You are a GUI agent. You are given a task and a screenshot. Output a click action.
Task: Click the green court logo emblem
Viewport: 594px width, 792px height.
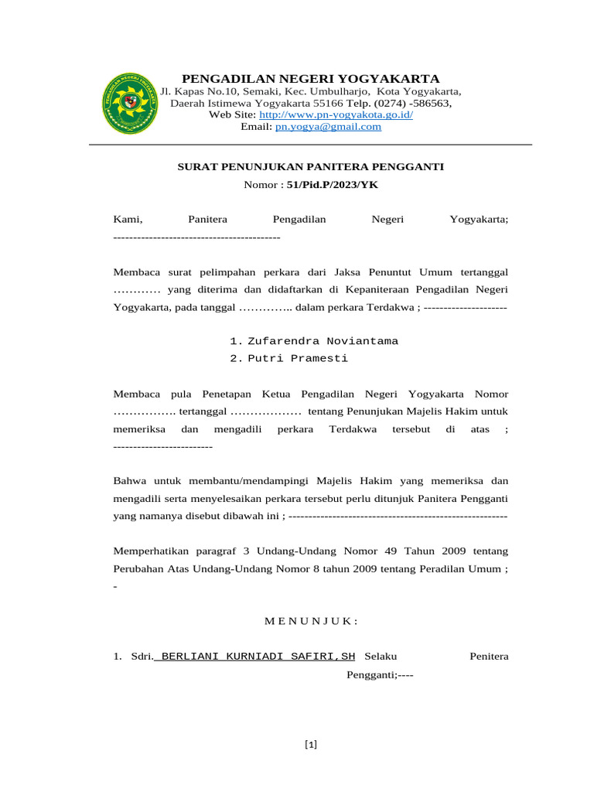click(130, 103)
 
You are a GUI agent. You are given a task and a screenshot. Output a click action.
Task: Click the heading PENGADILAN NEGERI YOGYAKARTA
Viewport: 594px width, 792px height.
click(310, 79)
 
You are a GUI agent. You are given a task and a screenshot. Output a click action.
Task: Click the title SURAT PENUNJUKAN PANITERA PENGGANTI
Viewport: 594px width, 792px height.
click(311, 166)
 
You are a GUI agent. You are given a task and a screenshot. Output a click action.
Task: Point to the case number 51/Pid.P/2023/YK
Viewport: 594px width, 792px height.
click(333, 185)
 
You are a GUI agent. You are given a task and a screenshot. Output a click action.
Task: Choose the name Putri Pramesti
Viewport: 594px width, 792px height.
click(297, 358)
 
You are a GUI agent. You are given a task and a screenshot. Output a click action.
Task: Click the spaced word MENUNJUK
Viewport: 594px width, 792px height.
click(310, 621)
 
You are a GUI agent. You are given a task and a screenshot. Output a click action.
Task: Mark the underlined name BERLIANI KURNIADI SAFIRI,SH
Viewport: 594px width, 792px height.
click(256, 657)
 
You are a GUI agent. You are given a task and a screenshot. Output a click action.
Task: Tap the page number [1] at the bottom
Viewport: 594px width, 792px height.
click(311, 745)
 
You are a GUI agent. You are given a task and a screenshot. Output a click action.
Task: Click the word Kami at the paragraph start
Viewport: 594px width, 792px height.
click(128, 220)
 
